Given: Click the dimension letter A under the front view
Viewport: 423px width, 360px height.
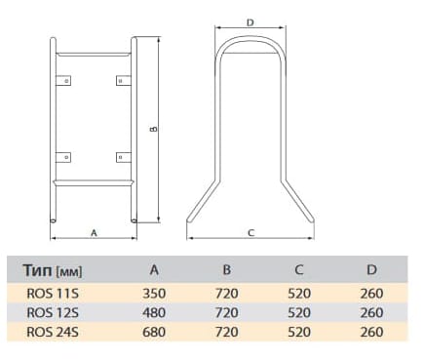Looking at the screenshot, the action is tap(94, 233).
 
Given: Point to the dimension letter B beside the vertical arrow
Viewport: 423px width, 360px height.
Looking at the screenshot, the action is tap(154, 129).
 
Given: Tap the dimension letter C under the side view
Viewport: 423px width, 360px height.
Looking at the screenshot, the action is tap(250, 233).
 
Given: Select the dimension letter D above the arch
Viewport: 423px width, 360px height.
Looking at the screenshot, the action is tap(250, 22).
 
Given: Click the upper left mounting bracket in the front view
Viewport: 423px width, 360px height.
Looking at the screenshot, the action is tap(63, 81).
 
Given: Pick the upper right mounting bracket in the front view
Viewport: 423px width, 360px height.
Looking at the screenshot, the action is tap(124, 81).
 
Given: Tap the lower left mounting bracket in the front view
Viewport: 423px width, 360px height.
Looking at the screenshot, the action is tap(63, 157).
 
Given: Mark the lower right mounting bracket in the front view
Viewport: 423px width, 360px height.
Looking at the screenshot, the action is tap(124, 157).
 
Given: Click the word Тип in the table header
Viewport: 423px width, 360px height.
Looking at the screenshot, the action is tap(38, 270).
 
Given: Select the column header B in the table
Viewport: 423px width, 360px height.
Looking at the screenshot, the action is tap(227, 269).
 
